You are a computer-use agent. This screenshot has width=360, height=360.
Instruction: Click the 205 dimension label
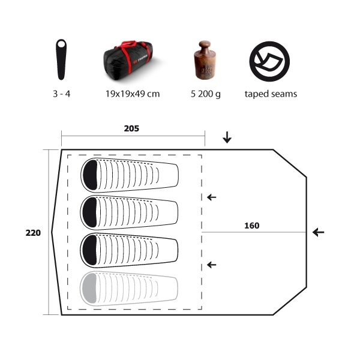tap(131, 128)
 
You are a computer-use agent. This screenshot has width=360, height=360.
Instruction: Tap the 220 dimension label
tap(33, 233)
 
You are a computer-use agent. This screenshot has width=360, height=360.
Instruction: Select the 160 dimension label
tap(252, 226)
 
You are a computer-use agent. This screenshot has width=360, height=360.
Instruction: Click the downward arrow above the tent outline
tap(227, 137)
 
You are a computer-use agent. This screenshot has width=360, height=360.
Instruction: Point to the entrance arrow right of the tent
tap(319, 232)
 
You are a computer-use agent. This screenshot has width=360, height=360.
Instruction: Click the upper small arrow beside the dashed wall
tap(212, 197)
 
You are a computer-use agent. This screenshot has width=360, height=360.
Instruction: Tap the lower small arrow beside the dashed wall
tap(212, 265)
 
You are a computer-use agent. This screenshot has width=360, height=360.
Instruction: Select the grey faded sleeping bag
tap(129, 289)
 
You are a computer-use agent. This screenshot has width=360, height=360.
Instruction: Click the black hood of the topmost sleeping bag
tap(90, 175)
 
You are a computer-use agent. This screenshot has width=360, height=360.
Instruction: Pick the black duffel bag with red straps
tap(128, 61)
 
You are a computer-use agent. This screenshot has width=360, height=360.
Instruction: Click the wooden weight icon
tap(205, 60)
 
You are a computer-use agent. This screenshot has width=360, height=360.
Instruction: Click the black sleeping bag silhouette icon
tap(61, 59)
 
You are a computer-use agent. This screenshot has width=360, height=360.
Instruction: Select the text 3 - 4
tap(62, 94)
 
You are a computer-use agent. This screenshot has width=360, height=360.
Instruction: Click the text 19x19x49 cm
tap(133, 94)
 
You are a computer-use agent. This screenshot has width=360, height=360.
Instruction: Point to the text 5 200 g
tap(206, 94)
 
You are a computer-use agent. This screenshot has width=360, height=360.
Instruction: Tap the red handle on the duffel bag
tap(129, 43)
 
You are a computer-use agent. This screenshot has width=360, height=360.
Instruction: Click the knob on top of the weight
tap(205, 45)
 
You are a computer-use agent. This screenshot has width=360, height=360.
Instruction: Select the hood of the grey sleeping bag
tap(89, 288)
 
